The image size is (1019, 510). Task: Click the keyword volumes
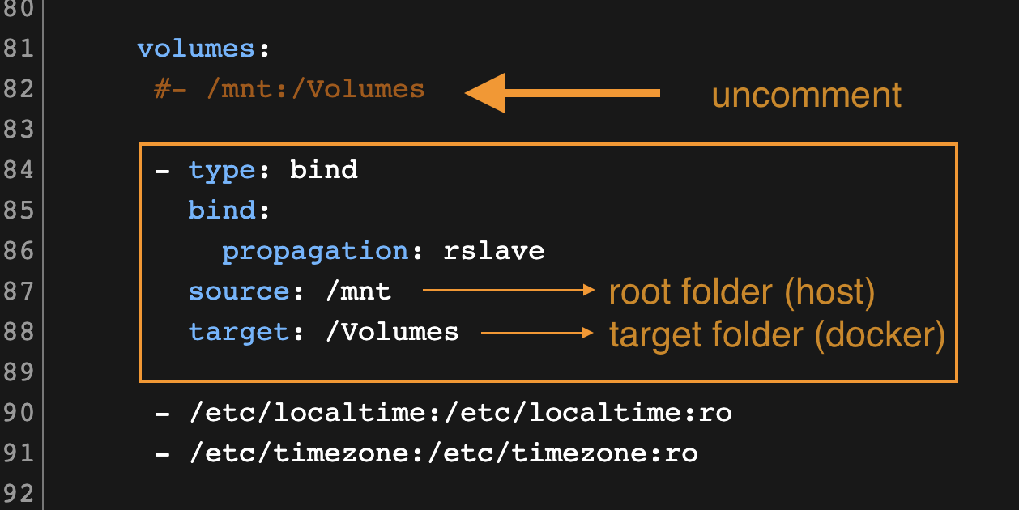click(x=197, y=49)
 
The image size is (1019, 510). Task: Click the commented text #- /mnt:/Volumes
click(x=289, y=89)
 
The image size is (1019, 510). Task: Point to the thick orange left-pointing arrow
click(x=562, y=93)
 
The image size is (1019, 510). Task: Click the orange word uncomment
click(x=806, y=95)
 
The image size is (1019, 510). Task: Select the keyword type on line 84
click(x=222, y=170)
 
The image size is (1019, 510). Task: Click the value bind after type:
click(x=324, y=170)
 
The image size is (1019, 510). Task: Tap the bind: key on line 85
click(x=222, y=210)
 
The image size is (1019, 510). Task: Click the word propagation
click(x=315, y=251)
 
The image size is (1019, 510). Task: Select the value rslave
click(x=494, y=251)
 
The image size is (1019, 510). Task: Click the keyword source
click(x=239, y=291)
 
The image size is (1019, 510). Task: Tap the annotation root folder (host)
click(x=741, y=293)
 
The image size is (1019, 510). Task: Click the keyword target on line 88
click(x=239, y=332)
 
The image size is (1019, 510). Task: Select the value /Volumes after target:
click(x=391, y=332)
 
